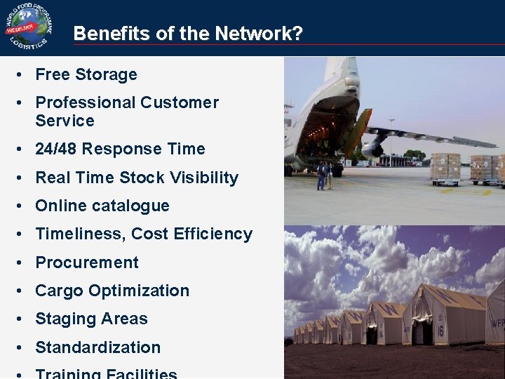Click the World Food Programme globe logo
(27, 27)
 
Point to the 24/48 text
(58, 149)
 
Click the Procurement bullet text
(87, 262)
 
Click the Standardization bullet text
(97, 347)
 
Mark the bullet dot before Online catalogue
(23, 206)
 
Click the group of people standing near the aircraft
(325, 175)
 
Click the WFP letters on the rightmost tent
(497, 324)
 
